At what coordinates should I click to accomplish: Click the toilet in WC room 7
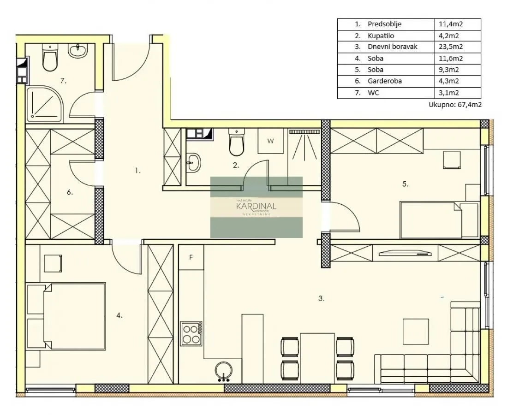pyautogui.click(x=49, y=59)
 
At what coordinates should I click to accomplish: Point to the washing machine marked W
pyautogui.click(x=270, y=141)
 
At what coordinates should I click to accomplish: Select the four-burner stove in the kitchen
pyautogui.click(x=191, y=333)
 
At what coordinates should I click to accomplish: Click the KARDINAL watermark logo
pyautogui.click(x=256, y=207)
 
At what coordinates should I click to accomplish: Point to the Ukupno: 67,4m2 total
pyautogui.click(x=455, y=105)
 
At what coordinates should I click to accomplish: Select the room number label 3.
pyautogui.click(x=321, y=298)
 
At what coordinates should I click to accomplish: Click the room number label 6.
pyautogui.click(x=69, y=192)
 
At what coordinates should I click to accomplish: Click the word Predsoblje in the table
pyautogui.click(x=384, y=24)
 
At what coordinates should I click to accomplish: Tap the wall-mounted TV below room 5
pyautogui.click(x=405, y=252)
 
